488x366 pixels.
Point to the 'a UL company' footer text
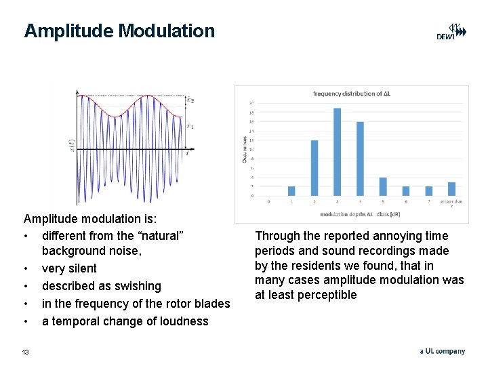coord(442,351)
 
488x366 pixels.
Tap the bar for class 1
coord(291,191)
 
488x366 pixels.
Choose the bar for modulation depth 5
coord(383,186)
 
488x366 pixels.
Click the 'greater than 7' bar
coord(451,189)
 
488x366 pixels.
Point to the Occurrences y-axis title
coord(245,148)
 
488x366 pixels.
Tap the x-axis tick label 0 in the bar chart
coord(268,201)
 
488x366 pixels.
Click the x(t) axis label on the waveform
coord(72,144)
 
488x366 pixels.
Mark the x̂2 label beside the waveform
coord(190,100)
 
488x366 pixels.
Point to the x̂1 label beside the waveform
coord(190,125)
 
